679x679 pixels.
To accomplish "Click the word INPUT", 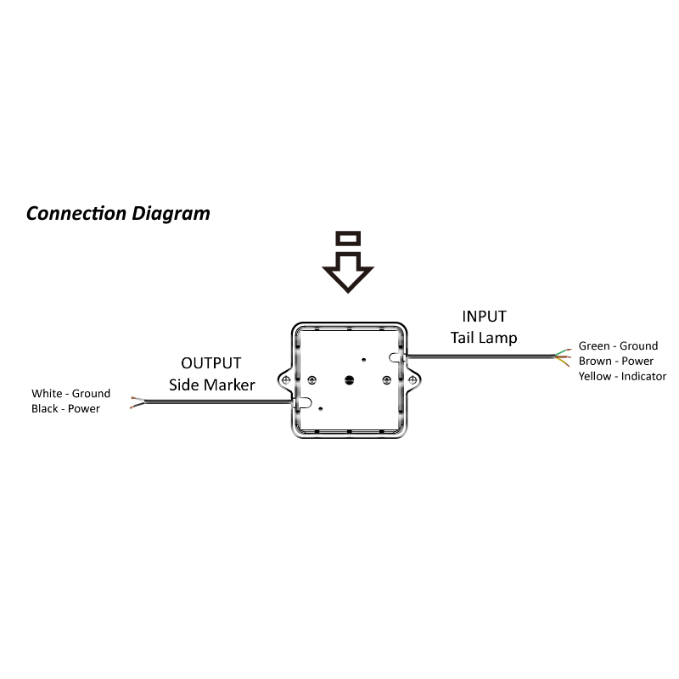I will (484, 317).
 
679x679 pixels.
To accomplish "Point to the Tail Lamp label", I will (484, 337).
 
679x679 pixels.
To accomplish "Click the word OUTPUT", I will (211, 364).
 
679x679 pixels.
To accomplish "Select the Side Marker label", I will (212, 384).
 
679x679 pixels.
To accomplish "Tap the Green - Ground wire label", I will (618, 345).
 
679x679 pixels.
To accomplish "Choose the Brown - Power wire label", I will (616, 361).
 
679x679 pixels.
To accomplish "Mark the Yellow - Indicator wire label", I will (622, 376).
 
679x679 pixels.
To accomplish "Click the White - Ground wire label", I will (70, 393).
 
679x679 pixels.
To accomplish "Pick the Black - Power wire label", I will (65, 408).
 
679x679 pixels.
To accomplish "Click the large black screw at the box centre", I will (349, 378).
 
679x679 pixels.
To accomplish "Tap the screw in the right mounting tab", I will (410, 379).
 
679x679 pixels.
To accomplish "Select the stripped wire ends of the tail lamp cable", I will (563, 356).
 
